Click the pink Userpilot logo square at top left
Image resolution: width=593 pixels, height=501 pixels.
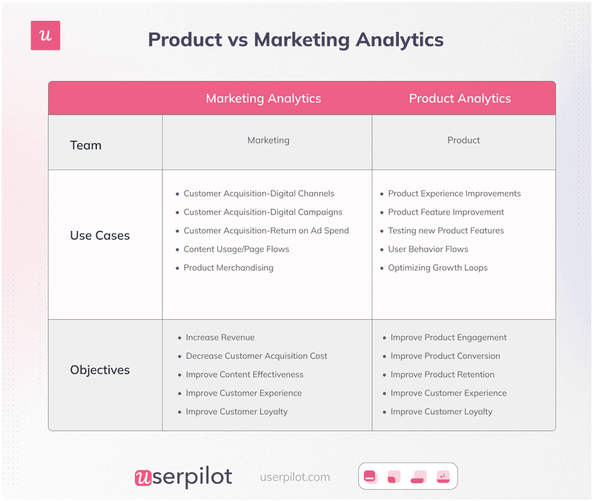[x=45, y=36]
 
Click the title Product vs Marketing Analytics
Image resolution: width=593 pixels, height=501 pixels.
[x=296, y=39]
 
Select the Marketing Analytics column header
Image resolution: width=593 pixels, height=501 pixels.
[x=263, y=98]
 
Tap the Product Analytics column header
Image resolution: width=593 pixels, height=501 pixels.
[x=460, y=98]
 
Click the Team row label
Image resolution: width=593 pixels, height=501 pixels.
[x=85, y=145]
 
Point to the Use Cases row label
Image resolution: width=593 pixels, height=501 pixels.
[x=99, y=235]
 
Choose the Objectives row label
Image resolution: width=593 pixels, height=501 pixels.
[x=99, y=370]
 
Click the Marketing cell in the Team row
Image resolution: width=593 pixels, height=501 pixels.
[x=268, y=140]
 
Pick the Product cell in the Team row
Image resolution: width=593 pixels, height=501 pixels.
[x=463, y=140]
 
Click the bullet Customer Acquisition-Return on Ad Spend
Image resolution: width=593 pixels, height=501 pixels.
[x=266, y=231]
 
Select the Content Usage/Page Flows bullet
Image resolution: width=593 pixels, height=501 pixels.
[x=236, y=249]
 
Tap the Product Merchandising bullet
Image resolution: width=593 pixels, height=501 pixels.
[x=228, y=268]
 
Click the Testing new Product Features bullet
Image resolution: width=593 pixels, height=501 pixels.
[x=445, y=231]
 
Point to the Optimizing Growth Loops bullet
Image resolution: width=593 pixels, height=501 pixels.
[x=437, y=268]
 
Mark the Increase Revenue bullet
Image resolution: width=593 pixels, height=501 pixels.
[x=220, y=338]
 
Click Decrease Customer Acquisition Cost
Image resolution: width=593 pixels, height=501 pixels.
[x=256, y=356]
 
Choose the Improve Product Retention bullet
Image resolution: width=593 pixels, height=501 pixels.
[x=442, y=375]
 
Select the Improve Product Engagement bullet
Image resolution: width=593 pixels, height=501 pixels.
[x=448, y=338]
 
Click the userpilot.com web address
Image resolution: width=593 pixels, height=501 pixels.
[x=295, y=477]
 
